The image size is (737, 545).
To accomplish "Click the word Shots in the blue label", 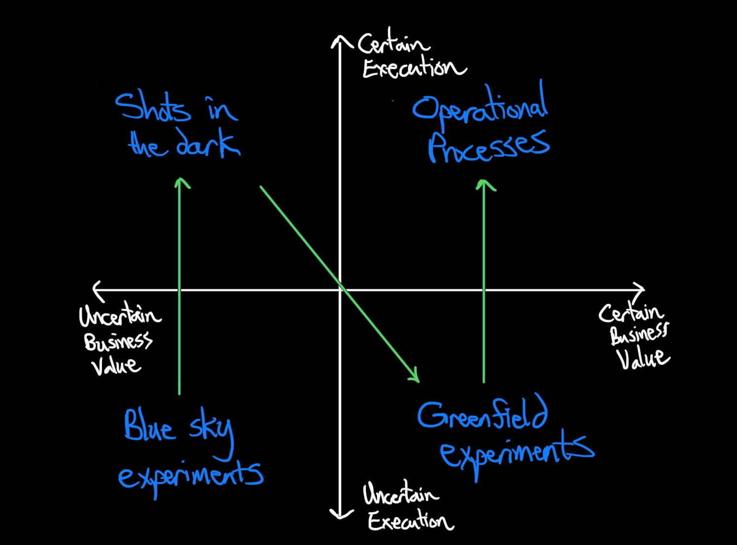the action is pos(152,108).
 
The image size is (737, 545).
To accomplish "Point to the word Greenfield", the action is pos(482,414).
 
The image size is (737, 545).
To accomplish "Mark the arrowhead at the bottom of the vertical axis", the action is pos(340,516).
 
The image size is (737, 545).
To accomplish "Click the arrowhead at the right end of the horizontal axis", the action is pos(642,290).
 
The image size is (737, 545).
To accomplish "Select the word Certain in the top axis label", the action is pos(393,44).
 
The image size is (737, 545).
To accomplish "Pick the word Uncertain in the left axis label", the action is pos(120,316).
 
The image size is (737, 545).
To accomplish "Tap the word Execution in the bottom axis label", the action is pos(410,521).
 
